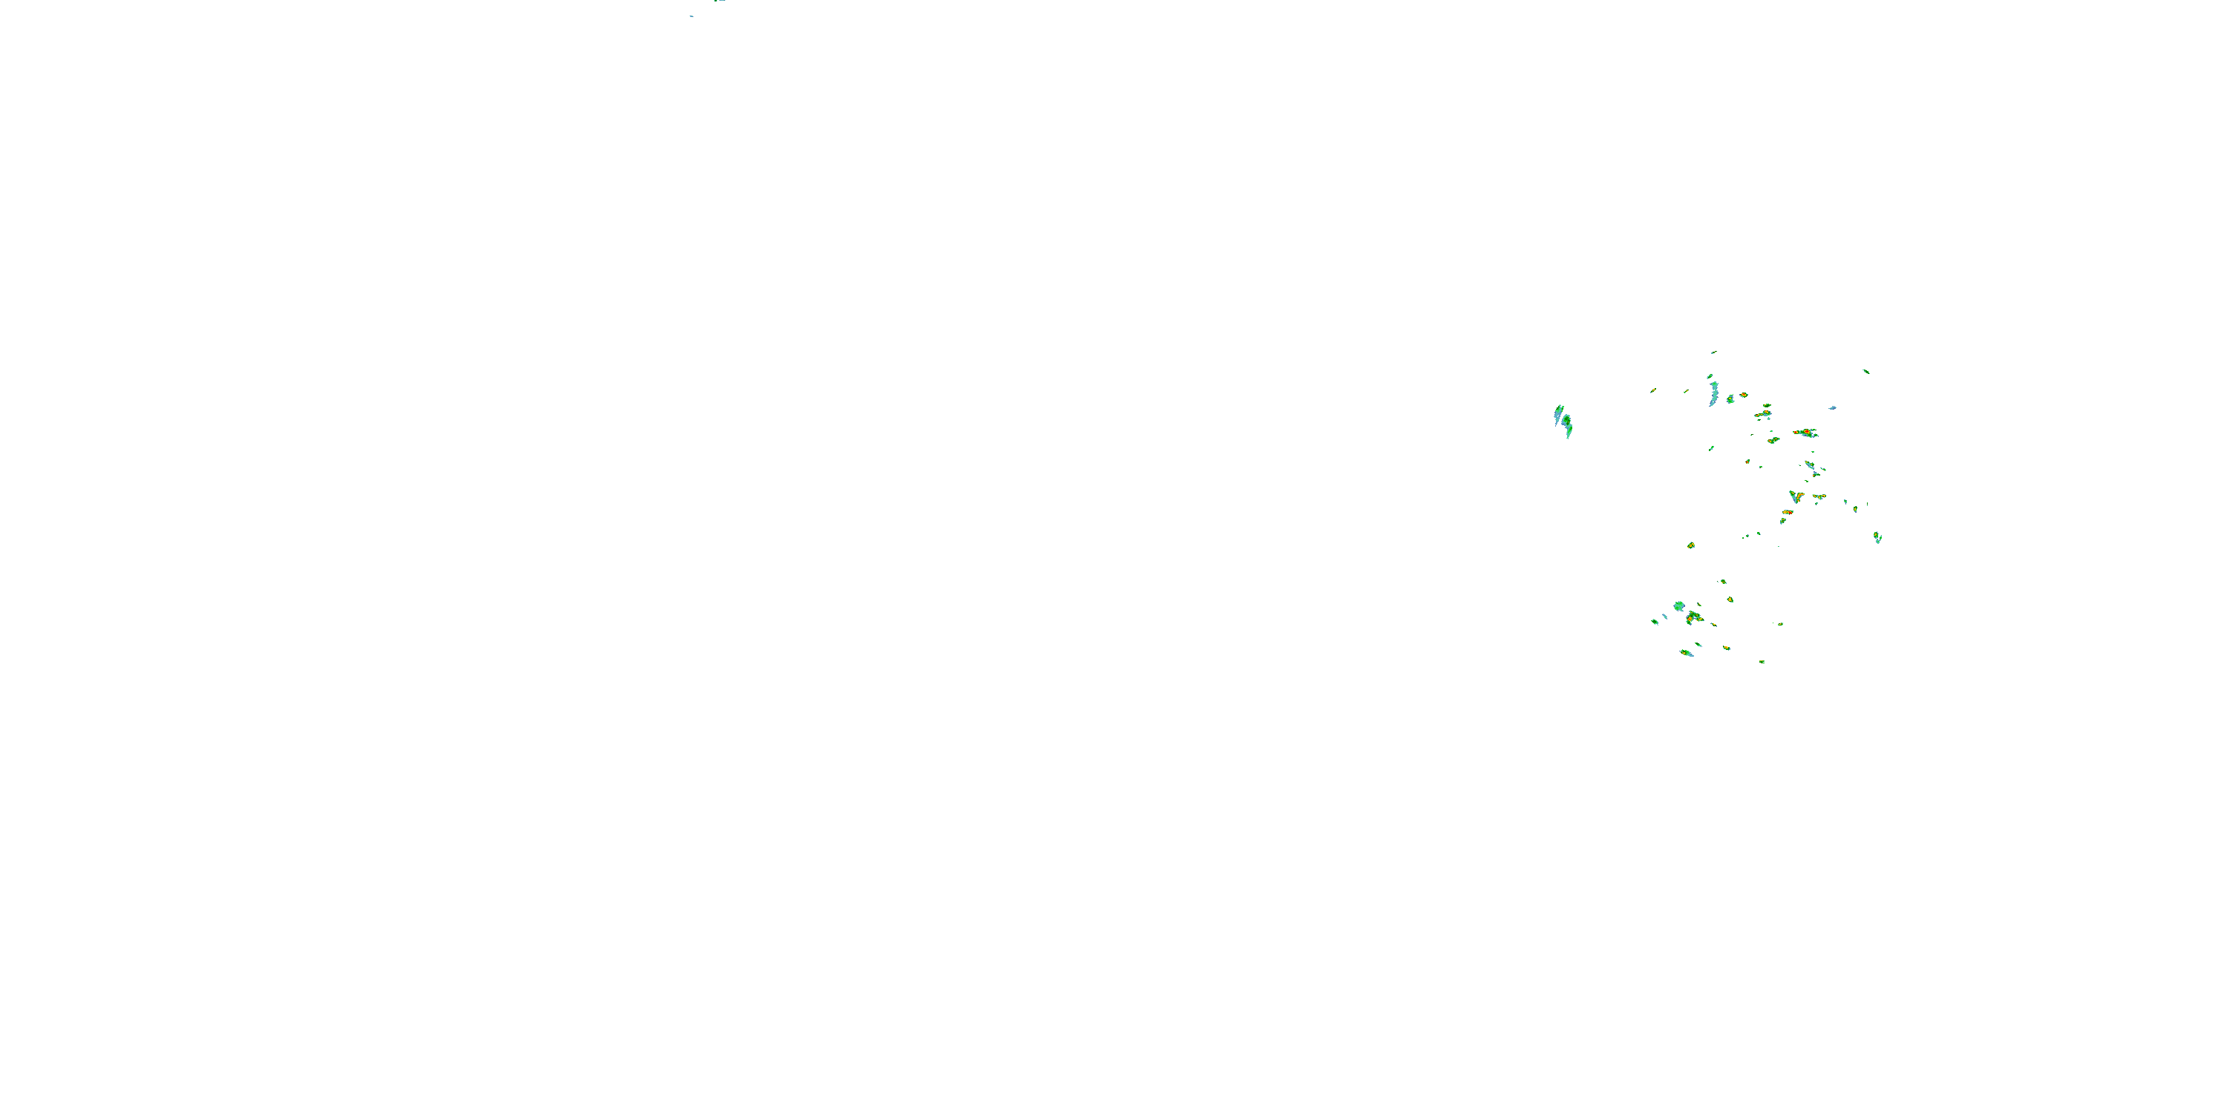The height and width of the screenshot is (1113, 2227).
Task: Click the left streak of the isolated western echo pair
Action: (x=1559, y=414)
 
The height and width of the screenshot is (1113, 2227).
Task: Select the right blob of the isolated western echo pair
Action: (x=1567, y=424)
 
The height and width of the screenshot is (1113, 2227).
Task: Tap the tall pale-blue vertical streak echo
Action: (x=1713, y=394)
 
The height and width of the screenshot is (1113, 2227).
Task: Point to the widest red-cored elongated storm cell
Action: (x=1805, y=432)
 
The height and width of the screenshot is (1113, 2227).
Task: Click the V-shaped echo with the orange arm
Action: (x=1796, y=497)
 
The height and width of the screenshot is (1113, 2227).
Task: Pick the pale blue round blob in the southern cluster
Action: (x=1679, y=607)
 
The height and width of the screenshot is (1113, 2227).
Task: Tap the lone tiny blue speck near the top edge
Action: (x=691, y=16)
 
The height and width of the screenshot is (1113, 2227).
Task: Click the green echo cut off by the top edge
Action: (x=719, y=1)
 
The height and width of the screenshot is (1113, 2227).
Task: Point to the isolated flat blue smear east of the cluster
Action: (x=1832, y=408)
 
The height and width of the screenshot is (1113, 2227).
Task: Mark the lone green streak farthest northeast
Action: (x=1865, y=372)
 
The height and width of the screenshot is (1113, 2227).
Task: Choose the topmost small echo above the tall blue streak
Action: (x=1713, y=352)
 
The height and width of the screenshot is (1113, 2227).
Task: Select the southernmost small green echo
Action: (x=1762, y=661)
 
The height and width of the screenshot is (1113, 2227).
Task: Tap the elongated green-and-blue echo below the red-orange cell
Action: (x=1687, y=653)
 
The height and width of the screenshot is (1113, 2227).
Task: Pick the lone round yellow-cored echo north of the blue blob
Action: (x=1691, y=546)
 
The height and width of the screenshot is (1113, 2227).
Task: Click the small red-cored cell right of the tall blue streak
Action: (x=1744, y=395)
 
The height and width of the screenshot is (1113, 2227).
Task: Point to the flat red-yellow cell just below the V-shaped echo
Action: (x=1787, y=513)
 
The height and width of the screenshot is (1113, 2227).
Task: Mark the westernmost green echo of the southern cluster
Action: (x=1655, y=621)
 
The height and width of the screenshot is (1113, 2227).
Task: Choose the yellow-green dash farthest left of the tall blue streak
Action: (x=1653, y=390)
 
